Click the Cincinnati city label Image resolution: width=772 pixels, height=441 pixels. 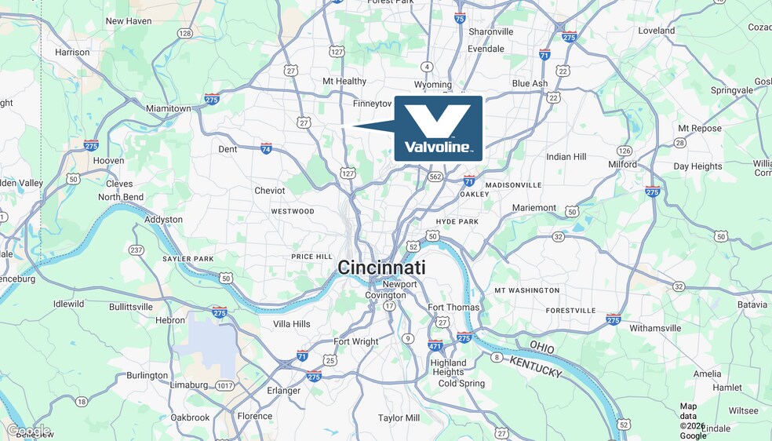pyautogui.click(x=381, y=268)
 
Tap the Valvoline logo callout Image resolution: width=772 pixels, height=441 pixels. pyautogui.click(x=438, y=128)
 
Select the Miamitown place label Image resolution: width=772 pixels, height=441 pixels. pyautogui.click(x=169, y=108)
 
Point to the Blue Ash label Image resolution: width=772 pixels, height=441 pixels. pyautogui.click(x=530, y=83)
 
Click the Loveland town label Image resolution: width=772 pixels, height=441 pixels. pyautogui.click(x=656, y=31)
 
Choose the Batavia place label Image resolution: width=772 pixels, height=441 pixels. pyautogui.click(x=752, y=304)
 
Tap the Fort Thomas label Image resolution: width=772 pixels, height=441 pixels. pyautogui.click(x=453, y=308)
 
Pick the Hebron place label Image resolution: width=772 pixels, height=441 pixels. pyautogui.click(x=170, y=320)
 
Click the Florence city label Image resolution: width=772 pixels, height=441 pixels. pyautogui.click(x=255, y=416)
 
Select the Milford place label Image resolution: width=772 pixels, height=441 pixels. pyautogui.click(x=623, y=164)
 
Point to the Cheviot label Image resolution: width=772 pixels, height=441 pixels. pyautogui.click(x=269, y=191)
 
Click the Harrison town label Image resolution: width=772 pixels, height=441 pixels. pyautogui.click(x=72, y=52)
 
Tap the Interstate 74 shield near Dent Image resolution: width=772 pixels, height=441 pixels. pyautogui.click(x=267, y=148)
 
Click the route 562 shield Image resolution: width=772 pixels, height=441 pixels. pyautogui.click(x=435, y=177)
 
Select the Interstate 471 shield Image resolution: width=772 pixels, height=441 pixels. pyautogui.click(x=435, y=345)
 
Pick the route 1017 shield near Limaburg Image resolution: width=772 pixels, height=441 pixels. pyautogui.click(x=225, y=385)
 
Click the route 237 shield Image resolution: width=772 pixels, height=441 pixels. pyautogui.click(x=137, y=250)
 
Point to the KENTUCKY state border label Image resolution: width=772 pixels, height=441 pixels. pyautogui.click(x=537, y=366)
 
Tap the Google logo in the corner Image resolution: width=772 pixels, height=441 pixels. pyautogui.click(x=28, y=430)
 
